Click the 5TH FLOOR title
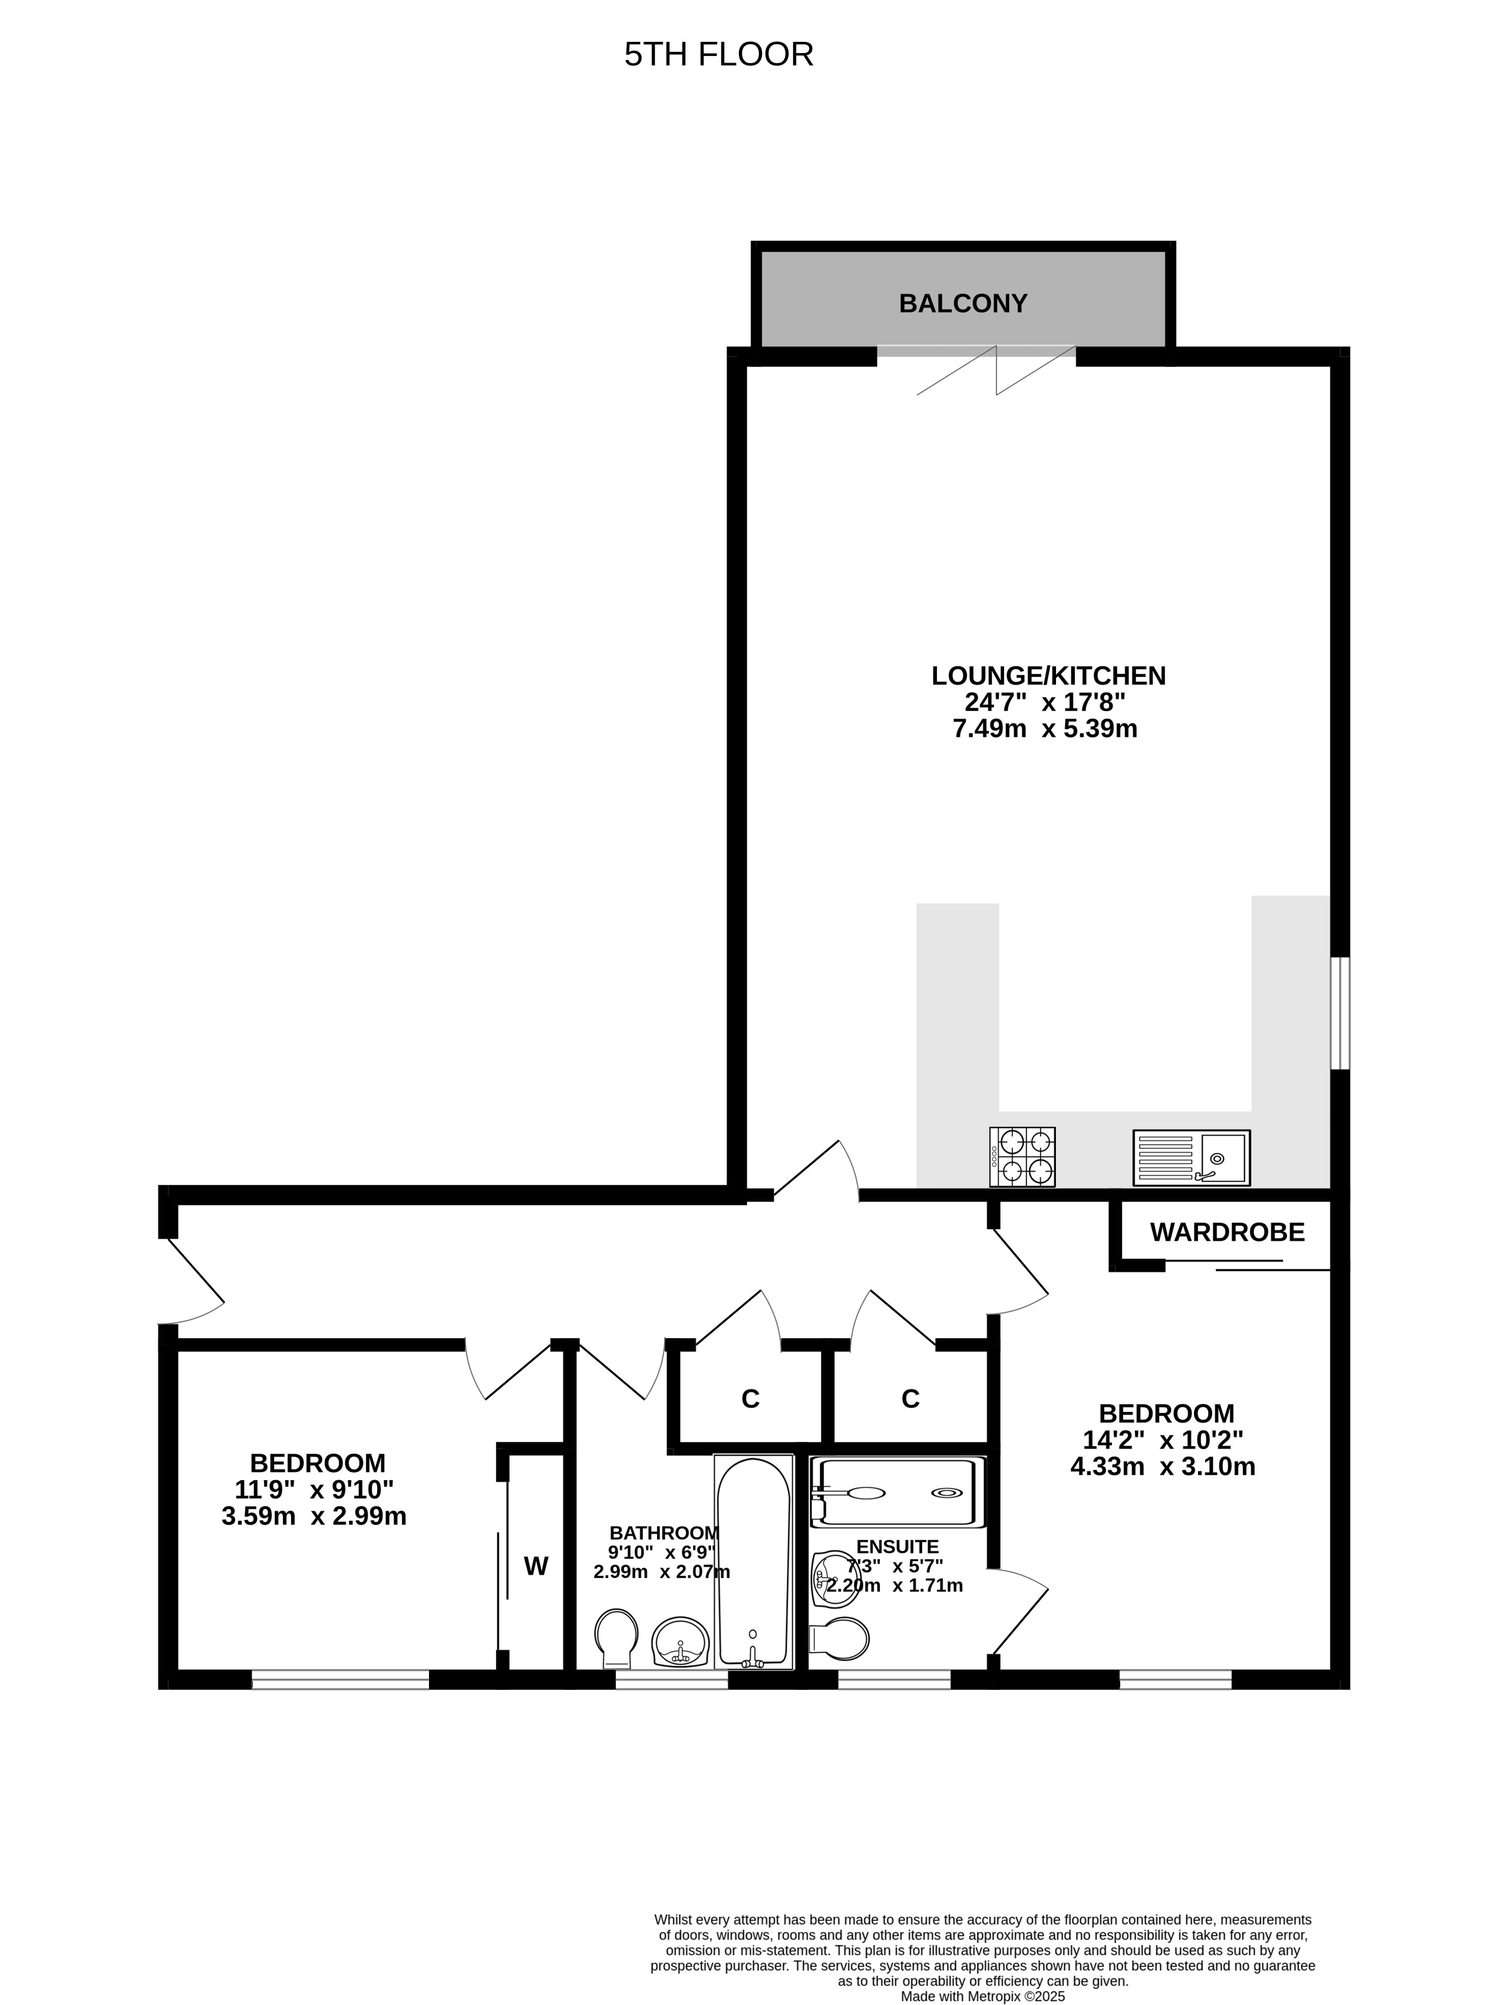point(718,54)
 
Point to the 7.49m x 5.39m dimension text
point(1045,728)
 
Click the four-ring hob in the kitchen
point(1022,1157)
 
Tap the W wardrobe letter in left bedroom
point(536,1566)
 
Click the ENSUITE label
point(897,1546)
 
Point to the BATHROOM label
point(664,1533)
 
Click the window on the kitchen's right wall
point(1340,1013)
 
